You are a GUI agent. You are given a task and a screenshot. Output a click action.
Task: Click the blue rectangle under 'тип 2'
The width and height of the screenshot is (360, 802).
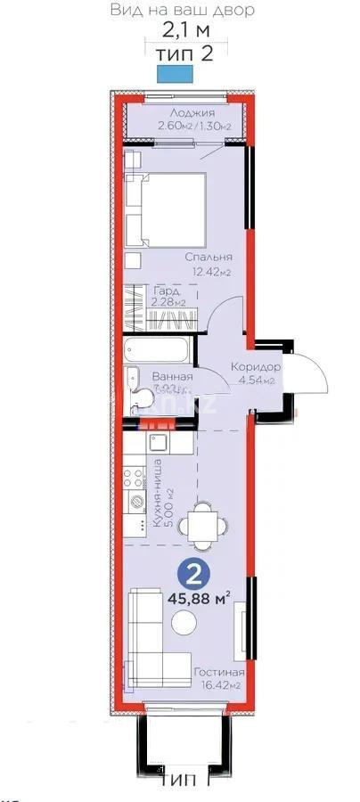[173, 76]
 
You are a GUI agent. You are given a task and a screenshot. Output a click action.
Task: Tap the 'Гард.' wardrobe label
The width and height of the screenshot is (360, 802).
[168, 291]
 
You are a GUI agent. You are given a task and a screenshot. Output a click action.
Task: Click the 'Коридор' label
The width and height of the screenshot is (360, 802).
[257, 368]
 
